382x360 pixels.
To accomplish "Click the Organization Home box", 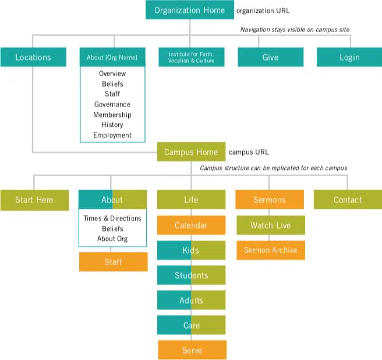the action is [190, 10].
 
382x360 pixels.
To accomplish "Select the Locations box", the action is [33, 57].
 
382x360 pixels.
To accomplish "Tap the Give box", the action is [271, 57].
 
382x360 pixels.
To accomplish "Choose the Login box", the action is [349, 57].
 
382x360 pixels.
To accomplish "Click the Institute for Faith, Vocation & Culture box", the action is [192, 57].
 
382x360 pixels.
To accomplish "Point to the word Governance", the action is [112, 104].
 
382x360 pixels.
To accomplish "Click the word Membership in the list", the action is [112, 115].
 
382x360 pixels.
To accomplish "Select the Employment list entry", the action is [112, 136].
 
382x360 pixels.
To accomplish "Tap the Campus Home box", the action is [191, 152].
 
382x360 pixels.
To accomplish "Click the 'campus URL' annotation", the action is [249, 152].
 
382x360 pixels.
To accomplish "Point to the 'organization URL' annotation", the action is [263, 10].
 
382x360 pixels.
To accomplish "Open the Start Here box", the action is [34, 200].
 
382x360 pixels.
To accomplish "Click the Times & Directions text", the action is [112, 218].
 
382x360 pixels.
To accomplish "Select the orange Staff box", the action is [114, 262].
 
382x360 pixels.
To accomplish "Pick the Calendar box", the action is [191, 225].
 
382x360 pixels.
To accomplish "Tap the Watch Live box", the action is [271, 225].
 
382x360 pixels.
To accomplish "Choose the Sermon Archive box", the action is [271, 250].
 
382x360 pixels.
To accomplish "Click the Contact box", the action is [348, 199].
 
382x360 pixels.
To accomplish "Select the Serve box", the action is [192, 350].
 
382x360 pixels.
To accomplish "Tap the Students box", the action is [191, 275].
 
